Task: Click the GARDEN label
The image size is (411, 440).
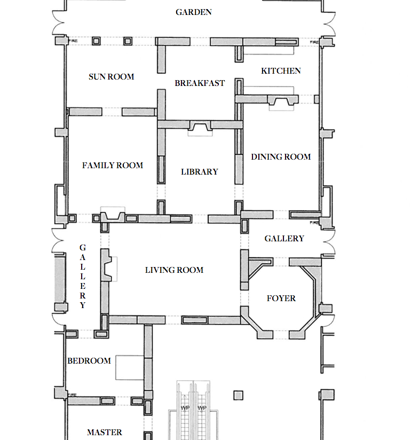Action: (194, 12)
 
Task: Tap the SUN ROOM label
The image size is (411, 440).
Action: (111, 77)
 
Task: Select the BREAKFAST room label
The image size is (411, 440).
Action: (200, 83)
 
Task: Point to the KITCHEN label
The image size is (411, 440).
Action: (281, 71)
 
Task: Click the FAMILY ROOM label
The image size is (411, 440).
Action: (113, 166)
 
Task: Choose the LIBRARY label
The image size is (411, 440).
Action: (200, 172)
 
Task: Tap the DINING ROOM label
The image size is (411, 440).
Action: (281, 157)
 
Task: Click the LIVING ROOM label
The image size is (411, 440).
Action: (174, 270)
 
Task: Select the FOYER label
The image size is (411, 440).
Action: (281, 298)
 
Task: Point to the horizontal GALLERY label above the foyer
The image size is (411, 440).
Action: (284, 239)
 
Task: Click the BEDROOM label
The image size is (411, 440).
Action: (89, 361)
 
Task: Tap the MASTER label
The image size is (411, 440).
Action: (105, 433)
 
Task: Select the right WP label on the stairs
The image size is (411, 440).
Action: (202, 408)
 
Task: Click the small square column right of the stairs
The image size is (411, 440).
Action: (238, 395)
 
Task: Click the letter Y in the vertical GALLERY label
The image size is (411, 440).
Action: (83, 306)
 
